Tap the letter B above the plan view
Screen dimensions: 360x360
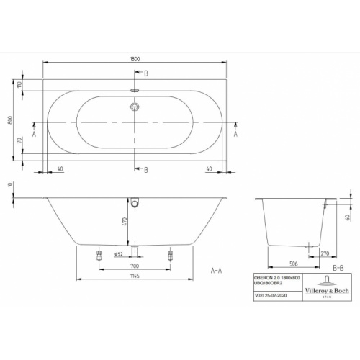(x=145, y=74)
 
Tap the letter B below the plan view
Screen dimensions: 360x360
(x=145, y=169)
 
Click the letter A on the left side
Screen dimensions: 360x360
(x=34, y=134)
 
